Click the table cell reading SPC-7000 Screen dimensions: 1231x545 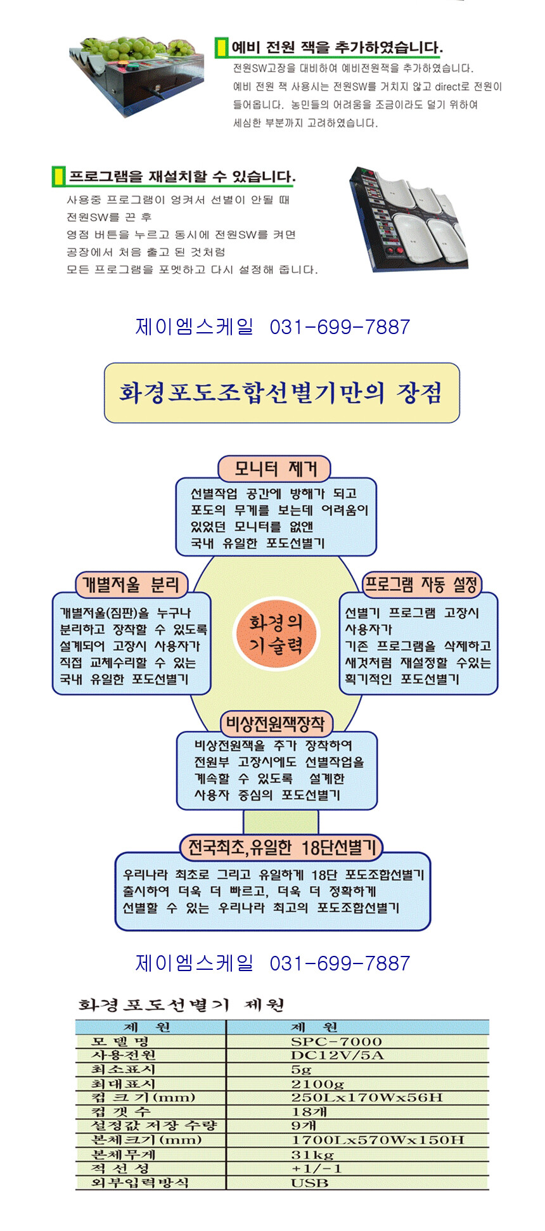point(336,1041)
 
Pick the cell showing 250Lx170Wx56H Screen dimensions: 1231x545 point(366,1097)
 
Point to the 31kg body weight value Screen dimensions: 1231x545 point(312,1154)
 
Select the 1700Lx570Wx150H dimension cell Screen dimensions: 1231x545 point(377,1140)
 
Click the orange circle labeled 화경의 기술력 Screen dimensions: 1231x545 point(275,633)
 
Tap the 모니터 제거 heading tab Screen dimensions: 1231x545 point(274,468)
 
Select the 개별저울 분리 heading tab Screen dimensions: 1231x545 point(131,584)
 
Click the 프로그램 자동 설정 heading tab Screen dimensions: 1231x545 point(421,584)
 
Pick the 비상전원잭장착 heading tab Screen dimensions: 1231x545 point(276,723)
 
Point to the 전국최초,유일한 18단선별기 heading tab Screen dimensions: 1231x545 point(281,847)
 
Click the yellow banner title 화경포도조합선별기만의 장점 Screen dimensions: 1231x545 point(281,393)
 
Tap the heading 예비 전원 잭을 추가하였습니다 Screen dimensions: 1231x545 point(337,48)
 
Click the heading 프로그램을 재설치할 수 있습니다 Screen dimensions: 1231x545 point(181,176)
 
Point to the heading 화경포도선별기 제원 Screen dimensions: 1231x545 point(181,1005)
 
